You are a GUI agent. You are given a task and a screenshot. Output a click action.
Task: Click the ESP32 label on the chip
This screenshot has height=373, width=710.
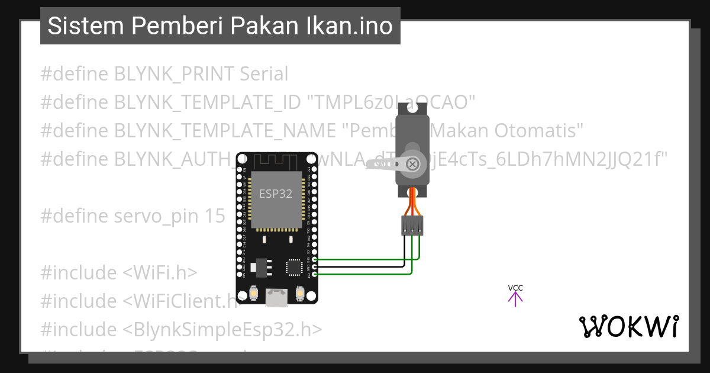276,194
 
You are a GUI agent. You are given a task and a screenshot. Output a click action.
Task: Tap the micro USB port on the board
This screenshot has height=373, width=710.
276,298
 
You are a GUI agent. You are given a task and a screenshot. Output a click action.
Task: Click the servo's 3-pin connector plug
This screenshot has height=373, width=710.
412,225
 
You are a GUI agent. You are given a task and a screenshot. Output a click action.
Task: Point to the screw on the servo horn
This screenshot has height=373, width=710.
414,164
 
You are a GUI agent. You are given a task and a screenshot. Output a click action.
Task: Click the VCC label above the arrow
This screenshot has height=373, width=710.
515,288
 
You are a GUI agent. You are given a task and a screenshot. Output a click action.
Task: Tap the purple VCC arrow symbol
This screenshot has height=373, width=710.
515,299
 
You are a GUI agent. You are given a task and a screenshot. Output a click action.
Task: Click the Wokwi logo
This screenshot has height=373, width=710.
629,326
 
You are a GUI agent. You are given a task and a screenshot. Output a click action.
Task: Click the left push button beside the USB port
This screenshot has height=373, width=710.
253,294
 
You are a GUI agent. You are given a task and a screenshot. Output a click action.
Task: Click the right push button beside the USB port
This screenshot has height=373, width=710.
299,294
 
